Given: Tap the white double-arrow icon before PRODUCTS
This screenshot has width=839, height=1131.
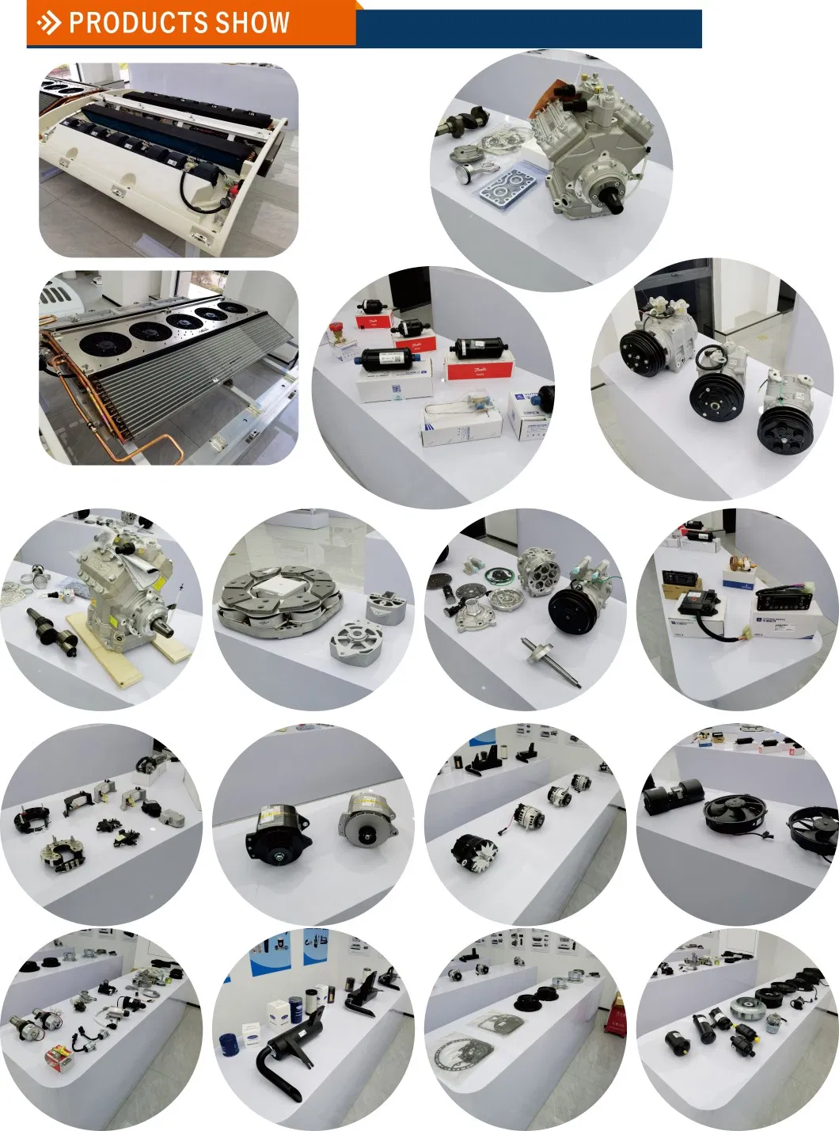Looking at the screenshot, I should coord(49,23).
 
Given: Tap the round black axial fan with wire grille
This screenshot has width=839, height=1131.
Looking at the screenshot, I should coord(729,814).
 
